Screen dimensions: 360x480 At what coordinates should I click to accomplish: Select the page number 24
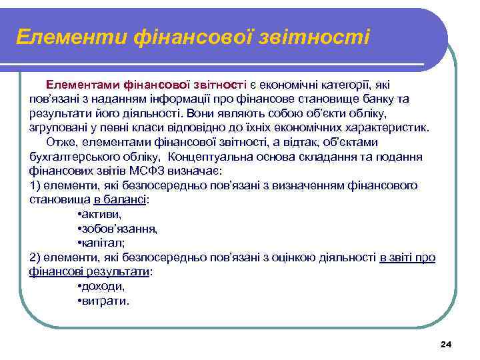446,344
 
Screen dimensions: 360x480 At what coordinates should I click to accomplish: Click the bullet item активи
101,214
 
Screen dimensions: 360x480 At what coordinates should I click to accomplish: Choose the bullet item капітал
102,243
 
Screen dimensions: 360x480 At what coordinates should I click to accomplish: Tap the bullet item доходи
102,286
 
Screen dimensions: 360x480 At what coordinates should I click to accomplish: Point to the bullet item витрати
105,301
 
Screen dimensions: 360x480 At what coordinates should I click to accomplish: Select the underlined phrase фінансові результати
90,272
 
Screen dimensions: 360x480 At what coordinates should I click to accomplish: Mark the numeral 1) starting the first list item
36,185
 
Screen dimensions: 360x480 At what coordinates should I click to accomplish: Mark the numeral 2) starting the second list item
36,257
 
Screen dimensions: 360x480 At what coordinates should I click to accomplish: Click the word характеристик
391,127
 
